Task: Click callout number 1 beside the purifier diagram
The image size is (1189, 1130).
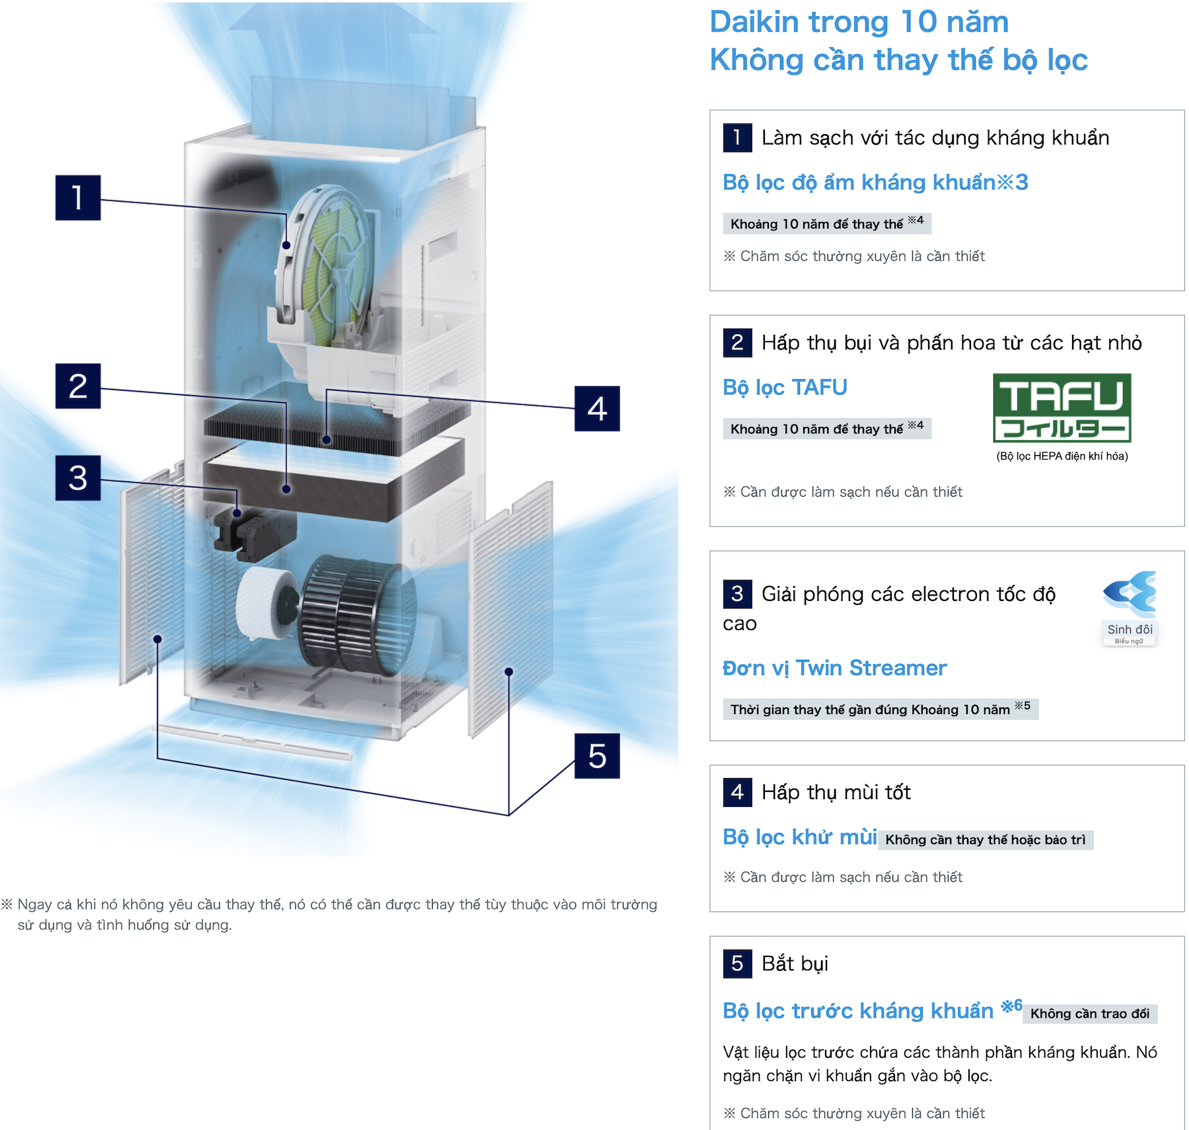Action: tap(78, 197)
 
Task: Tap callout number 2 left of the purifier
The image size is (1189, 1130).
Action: tap(78, 386)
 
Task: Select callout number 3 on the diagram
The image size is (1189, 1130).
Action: tap(78, 477)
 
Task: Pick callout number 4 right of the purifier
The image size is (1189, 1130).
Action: tap(597, 408)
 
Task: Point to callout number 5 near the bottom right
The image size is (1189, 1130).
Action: tap(597, 756)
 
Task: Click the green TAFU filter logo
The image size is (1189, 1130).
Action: tap(1062, 407)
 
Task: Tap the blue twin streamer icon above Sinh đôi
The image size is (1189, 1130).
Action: tap(1130, 592)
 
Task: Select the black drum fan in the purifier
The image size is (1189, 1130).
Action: tap(357, 614)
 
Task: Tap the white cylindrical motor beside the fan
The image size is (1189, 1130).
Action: tap(267, 603)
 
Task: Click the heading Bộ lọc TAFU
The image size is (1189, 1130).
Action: tap(785, 387)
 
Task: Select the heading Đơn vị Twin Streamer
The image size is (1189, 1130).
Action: tap(834, 668)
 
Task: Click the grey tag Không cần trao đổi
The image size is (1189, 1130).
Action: tap(1090, 1013)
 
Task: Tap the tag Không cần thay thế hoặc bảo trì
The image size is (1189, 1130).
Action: tap(986, 839)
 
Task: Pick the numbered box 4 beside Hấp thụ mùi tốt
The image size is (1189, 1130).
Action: tap(737, 792)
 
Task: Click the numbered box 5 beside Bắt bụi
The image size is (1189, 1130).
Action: tap(737, 963)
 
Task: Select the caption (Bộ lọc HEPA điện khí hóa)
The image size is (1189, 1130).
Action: tap(1062, 456)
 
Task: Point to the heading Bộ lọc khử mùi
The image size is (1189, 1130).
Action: tap(800, 837)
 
